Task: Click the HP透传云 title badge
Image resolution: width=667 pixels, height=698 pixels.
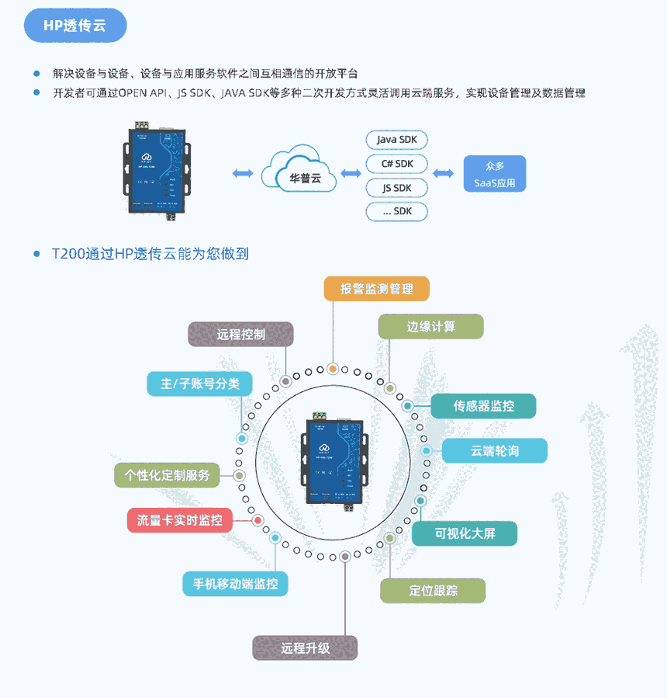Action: tap(75, 26)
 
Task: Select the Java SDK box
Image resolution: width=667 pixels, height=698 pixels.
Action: tap(396, 140)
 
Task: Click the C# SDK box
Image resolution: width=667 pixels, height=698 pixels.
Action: tap(396, 164)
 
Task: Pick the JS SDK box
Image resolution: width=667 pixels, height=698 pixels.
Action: tap(396, 188)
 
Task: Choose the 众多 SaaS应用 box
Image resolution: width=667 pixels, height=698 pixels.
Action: tap(494, 175)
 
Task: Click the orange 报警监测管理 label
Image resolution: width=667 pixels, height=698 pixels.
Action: tap(376, 290)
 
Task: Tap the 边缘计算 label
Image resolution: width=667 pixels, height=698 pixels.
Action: tap(430, 327)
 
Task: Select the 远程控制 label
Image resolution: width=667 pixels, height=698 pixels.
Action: tap(241, 335)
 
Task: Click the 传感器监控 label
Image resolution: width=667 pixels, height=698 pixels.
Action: tap(483, 405)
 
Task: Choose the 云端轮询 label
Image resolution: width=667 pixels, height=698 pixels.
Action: tap(494, 451)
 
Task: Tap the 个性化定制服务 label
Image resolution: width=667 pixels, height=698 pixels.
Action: tap(167, 475)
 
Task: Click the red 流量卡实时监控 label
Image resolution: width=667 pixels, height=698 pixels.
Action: tap(179, 520)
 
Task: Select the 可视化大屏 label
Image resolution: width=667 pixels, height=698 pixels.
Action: tap(465, 533)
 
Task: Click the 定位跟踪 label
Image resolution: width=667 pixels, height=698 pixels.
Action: tap(433, 591)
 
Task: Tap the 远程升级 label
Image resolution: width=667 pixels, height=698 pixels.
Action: tap(305, 648)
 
